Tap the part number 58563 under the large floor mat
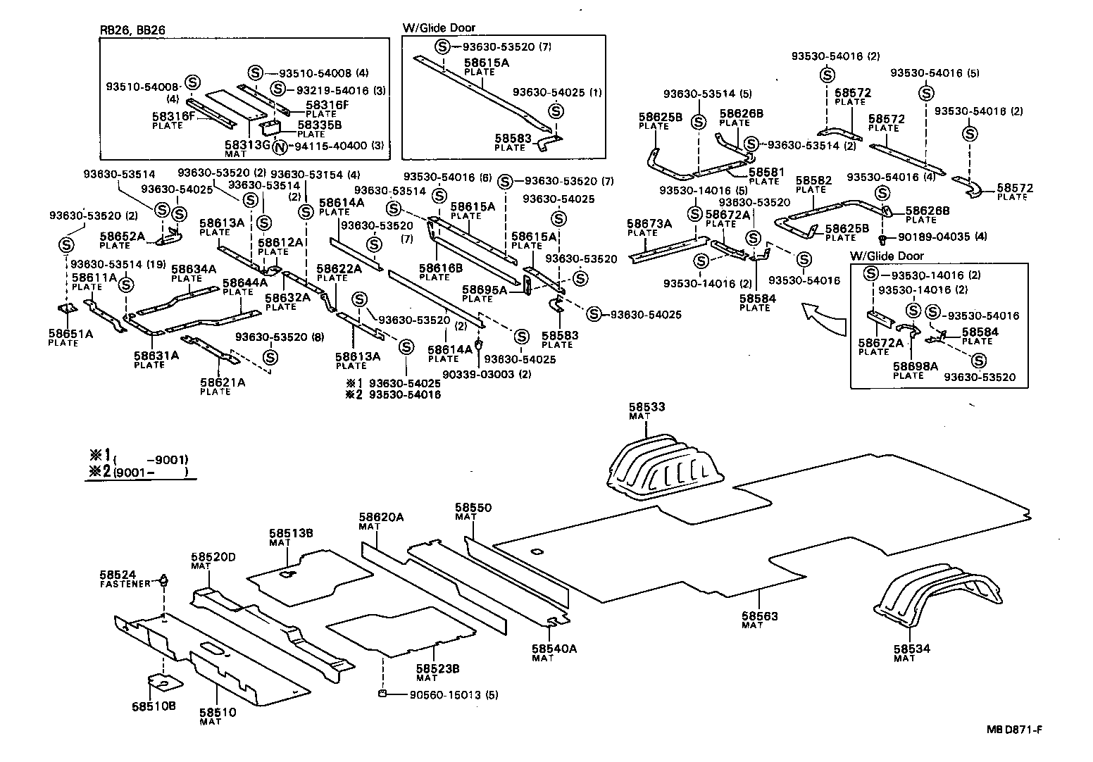759,616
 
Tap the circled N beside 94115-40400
280,147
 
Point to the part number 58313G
246,144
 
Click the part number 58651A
70,334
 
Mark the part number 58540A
554,649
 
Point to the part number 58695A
484,289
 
